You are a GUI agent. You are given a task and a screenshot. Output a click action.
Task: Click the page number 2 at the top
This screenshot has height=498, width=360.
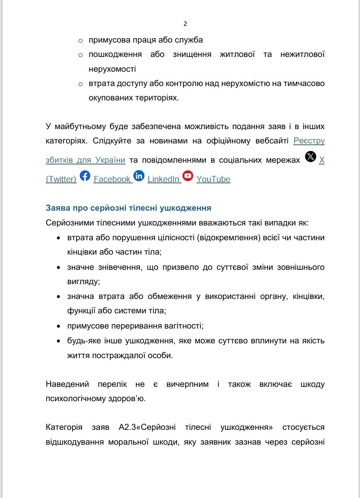185,24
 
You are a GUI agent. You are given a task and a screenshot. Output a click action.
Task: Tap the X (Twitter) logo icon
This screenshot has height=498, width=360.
310,156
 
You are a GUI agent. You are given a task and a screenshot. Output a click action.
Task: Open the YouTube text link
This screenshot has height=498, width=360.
213,179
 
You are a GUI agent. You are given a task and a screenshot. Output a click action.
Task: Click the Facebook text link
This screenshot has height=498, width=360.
112,179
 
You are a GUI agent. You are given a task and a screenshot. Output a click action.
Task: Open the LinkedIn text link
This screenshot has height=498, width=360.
164,179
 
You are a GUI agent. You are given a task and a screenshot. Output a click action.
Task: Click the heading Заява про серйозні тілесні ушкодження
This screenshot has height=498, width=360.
129,208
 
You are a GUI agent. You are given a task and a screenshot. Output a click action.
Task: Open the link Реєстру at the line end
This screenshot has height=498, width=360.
309,141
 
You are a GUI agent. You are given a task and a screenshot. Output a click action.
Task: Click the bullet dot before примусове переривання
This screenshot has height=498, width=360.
58,326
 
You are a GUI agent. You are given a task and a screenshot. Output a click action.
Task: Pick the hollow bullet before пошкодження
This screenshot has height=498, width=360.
81,55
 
